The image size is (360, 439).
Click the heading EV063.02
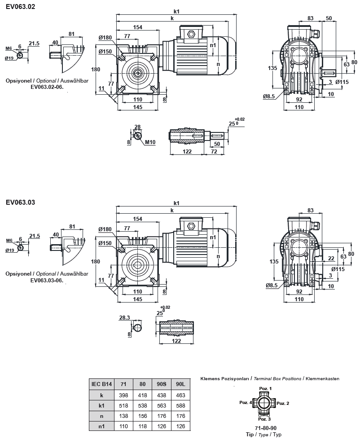pyautogui.click(x=20, y=7)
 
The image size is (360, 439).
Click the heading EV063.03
pyautogui.click(x=20, y=202)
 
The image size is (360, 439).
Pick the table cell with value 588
pyautogui.click(x=180, y=406)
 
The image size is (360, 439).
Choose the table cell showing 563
pyautogui.click(x=161, y=406)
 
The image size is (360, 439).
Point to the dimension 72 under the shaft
pyautogui.click(x=214, y=152)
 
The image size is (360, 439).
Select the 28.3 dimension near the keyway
pyautogui.click(x=124, y=317)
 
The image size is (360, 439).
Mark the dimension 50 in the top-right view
pyautogui.click(x=329, y=18)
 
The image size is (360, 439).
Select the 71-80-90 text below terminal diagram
pyautogui.click(x=265, y=428)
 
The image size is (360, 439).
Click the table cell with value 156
pyautogui.click(x=142, y=416)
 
